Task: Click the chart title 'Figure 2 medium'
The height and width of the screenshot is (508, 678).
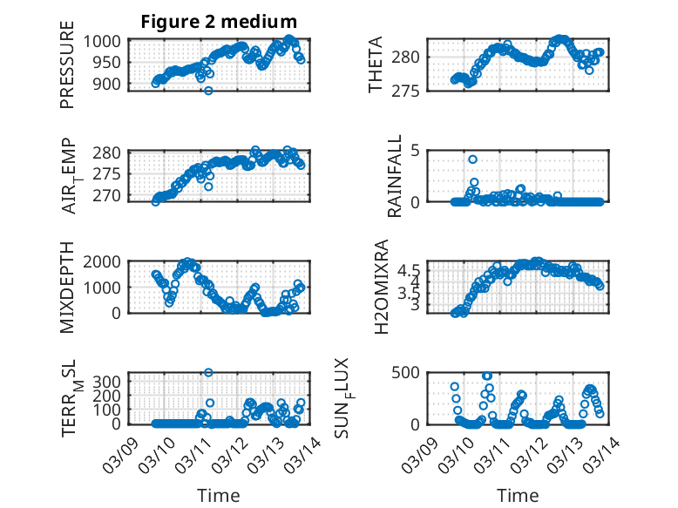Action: click(x=219, y=22)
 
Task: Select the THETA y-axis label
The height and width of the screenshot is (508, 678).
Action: click(x=376, y=65)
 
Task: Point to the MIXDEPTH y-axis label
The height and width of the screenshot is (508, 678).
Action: click(x=67, y=288)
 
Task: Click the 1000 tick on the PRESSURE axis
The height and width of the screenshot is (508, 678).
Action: click(x=106, y=40)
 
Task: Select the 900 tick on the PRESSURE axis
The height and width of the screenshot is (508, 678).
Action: click(x=111, y=84)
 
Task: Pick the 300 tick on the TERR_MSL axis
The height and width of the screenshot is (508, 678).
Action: click(x=111, y=381)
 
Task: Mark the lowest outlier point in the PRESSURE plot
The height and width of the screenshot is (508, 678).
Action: click(x=208, y=91)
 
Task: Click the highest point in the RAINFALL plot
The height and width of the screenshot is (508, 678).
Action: click(x=472, y=159)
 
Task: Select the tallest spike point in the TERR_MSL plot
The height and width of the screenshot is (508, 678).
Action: click(x=208, y=373)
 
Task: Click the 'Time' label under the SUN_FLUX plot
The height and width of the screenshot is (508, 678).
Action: click(x=518, y=495)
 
